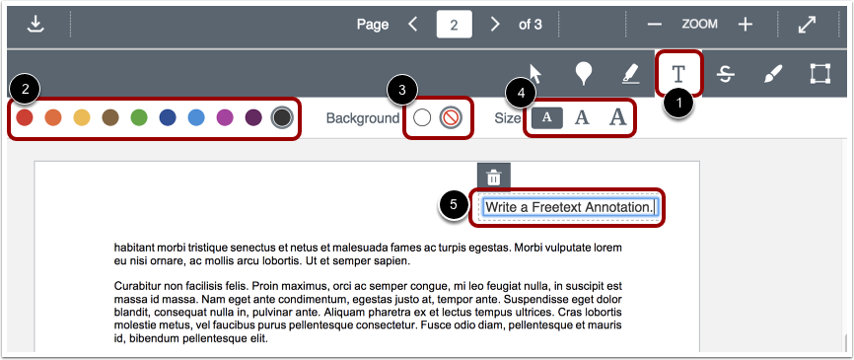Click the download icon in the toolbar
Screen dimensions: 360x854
coord(36,24)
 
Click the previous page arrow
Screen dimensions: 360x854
coord(413,24)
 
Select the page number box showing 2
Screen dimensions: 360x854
coord(454,25)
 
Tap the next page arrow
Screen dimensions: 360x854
coord(495,24)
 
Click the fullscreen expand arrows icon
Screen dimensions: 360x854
coord(808,24)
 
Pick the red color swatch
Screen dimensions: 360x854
coord(25,118)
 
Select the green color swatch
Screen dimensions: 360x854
coord(139,118)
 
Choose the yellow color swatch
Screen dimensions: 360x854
coord(82,118)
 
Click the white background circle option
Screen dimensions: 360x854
coord(422,118)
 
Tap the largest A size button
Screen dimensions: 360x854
coord(617,118)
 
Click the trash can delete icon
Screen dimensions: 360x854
coord(494,177)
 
